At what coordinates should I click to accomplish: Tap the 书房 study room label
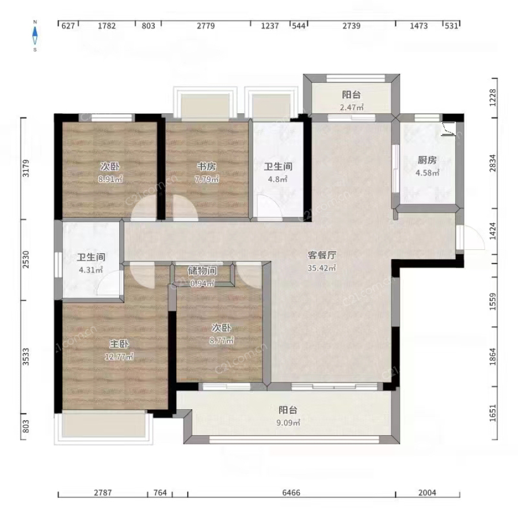tap(207, 166)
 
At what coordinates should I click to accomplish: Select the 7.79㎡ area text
tap(207, 180)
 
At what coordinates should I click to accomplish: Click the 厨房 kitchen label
tap(427, 160)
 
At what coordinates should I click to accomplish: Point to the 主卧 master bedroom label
tap(119, 344)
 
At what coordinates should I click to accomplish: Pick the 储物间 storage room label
tap(202, 271)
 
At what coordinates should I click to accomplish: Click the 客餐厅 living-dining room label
tap(322, 255)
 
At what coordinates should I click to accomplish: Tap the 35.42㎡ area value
tap(322, 268)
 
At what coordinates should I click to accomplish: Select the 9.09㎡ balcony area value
tap(288, 423)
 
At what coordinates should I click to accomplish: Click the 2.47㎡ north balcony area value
tap(352, 108)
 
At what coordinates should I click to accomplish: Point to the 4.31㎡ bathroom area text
tap(91, 270)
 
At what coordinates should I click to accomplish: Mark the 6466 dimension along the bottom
tap(291, 493)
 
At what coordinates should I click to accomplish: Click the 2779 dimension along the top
tap(206, 26)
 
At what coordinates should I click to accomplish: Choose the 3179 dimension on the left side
tap(26, 168)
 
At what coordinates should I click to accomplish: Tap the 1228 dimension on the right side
tap(493, 97)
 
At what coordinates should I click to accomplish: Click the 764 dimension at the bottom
tap(160, 493)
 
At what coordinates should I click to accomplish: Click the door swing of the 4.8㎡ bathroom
tap(269, 207)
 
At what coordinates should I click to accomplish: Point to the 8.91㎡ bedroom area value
tap(111, 180)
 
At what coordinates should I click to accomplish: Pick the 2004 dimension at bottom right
tap(427, 493)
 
